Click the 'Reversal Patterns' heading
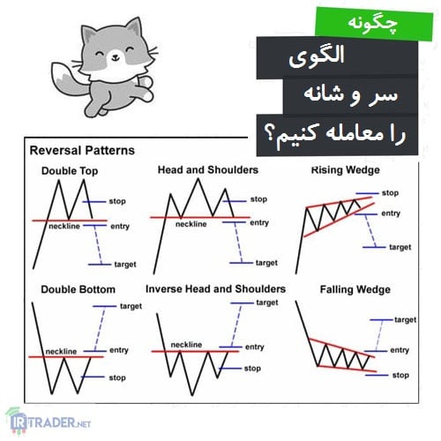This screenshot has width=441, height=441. pos(82,151)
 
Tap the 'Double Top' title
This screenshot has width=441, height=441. pos(70,171)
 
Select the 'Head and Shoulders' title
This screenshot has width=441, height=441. pos(208,170)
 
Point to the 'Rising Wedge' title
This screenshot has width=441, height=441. pos(346,170)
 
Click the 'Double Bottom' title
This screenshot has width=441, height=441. pos(78,289)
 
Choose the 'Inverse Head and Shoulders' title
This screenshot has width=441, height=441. pos(215,289)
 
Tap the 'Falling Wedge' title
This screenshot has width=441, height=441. pos(355,289)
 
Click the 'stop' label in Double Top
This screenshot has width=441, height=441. pos(117,201)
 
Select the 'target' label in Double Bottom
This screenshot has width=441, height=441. pos(131,306)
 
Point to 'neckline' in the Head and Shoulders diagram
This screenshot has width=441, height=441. pos(191,224)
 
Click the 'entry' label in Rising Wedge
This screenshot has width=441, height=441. pos(391,213)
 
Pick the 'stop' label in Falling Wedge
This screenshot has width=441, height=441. pos(400,375)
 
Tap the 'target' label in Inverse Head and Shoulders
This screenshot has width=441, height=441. pos(267,303)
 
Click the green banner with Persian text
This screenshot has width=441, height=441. pos(374,24)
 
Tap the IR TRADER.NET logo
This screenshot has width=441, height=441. pos(49,422)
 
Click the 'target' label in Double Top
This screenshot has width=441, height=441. pos(125,265)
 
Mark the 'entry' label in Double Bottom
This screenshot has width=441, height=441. pos(119,350)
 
